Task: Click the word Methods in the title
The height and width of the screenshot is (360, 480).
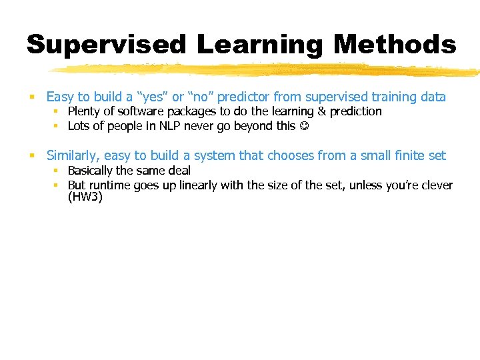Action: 395,45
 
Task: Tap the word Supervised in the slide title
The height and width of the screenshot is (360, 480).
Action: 107,45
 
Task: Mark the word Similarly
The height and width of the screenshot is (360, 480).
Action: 73,156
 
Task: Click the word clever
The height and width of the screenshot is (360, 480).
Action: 436,185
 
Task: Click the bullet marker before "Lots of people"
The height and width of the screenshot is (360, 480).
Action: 57,127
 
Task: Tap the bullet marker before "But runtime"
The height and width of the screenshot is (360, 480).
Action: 57,186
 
